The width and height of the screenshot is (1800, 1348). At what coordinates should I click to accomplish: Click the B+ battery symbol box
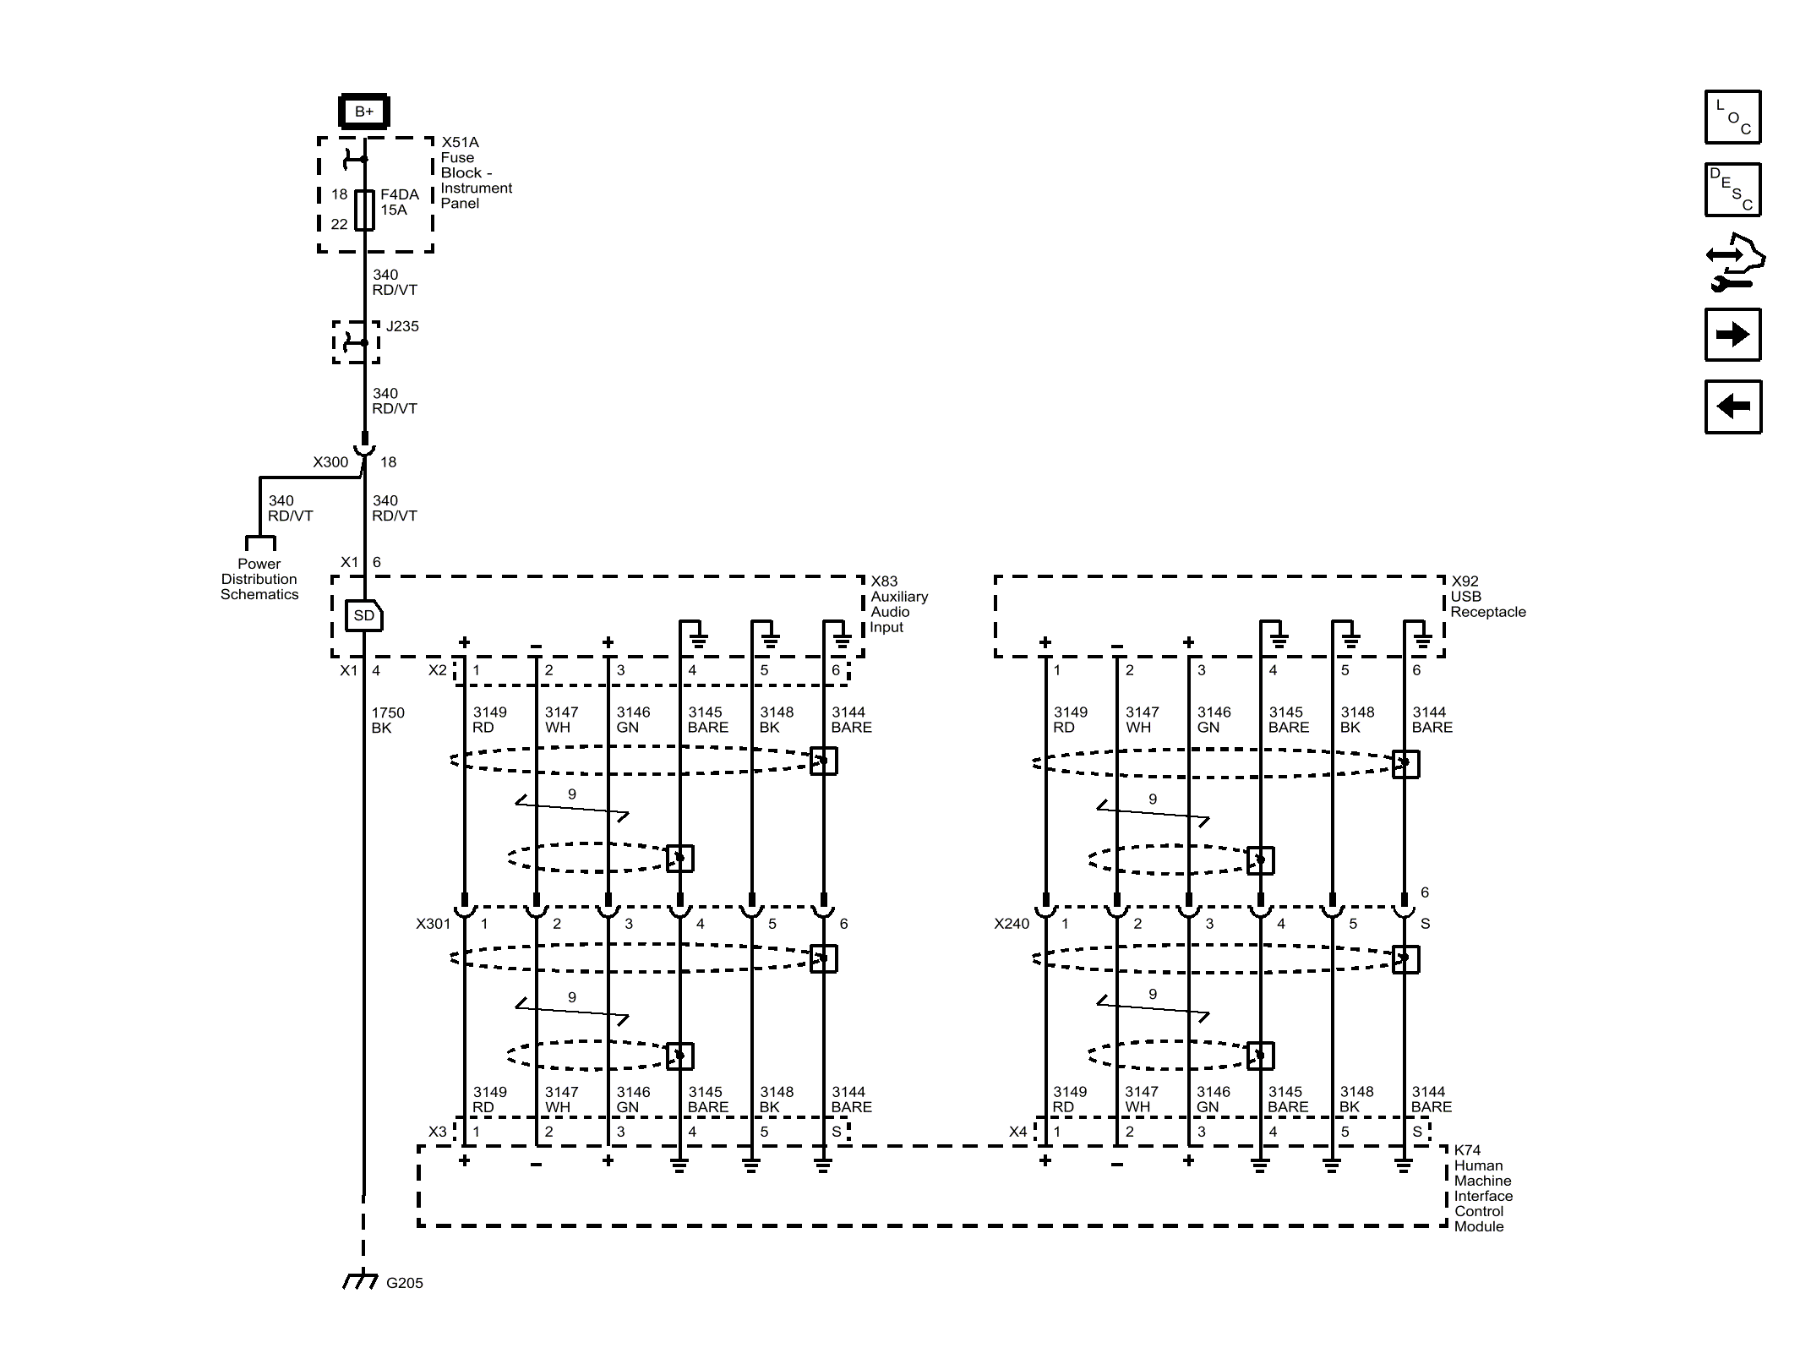coord(363,112)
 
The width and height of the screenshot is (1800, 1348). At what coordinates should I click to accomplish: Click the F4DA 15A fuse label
coord(399,202)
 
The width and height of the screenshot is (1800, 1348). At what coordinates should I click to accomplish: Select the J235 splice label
coord(402,326)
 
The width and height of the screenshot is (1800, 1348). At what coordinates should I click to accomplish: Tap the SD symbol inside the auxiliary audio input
coord(364,615)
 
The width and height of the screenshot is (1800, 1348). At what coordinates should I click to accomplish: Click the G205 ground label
coord(404,1283)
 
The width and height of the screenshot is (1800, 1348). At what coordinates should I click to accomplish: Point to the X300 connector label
coord(330,462)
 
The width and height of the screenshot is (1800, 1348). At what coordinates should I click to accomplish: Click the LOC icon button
coord(1732,117)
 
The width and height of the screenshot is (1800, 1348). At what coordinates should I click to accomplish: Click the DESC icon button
coord(1732,189)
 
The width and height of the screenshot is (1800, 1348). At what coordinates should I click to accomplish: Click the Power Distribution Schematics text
coord(259,579)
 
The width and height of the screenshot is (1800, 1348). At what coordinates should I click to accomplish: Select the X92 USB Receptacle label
coord(1487,597)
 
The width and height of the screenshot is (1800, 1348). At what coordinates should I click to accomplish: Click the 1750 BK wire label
coord(387,720)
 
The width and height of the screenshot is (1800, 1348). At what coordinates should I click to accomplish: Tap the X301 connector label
coord(433,924)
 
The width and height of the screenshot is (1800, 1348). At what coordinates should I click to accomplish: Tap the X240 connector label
coord(1012,924)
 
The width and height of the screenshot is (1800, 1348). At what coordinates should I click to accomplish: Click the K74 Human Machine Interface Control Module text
coord(1482,1188)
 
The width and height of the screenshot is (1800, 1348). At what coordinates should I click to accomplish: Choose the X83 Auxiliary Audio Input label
coord(898,604)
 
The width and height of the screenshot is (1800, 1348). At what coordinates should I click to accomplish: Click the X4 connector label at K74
coord(1017,1132)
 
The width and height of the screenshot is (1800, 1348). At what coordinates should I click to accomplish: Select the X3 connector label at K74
coord(437,1132)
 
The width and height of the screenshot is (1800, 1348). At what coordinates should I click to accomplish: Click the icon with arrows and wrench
coord(1733,263)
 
